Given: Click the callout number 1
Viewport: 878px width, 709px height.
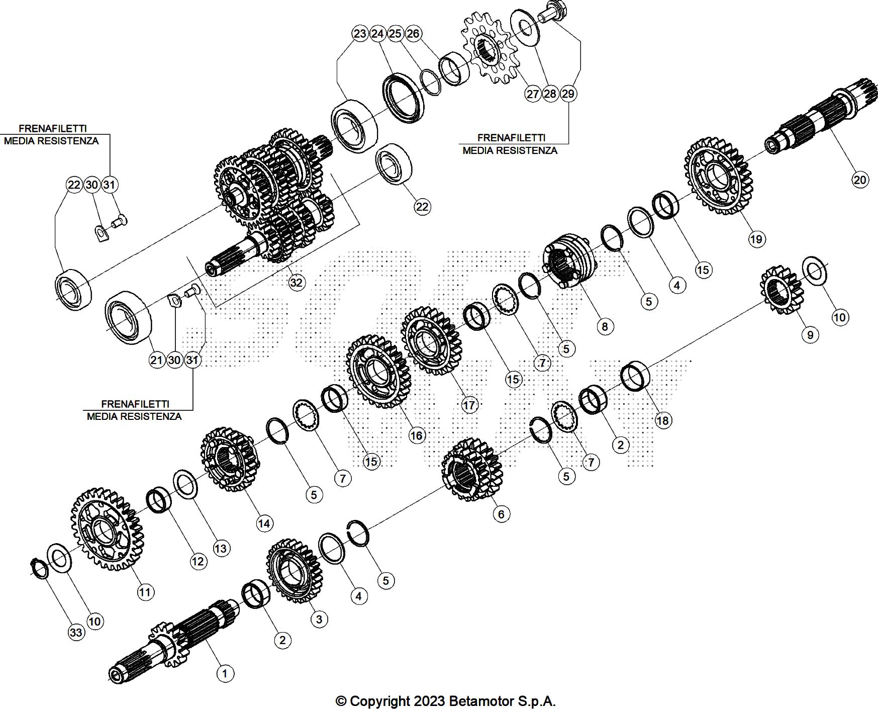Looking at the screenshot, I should click(x=225, y=673).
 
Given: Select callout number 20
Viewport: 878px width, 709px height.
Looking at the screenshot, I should click(x=860, y=180).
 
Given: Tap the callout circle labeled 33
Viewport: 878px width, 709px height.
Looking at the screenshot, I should click(x=76, y=632).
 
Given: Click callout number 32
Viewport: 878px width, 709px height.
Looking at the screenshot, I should click(x=297, y=283).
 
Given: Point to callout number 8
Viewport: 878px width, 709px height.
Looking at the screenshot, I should click(x=605, y=327).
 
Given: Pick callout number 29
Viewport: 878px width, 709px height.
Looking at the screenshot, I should click(x=568, y=94).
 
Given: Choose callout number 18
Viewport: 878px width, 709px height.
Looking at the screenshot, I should click(x=663, y=420).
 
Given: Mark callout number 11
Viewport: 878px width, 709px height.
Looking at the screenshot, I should click(x=145, y=592).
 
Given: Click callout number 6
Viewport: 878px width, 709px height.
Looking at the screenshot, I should click(x=501, y=514).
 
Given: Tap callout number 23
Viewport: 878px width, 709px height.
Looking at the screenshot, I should click(x=360, y=34).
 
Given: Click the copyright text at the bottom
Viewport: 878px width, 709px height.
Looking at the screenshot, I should click(x=445, y=701).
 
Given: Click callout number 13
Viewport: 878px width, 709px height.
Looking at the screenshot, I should click(x=221, y=548).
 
